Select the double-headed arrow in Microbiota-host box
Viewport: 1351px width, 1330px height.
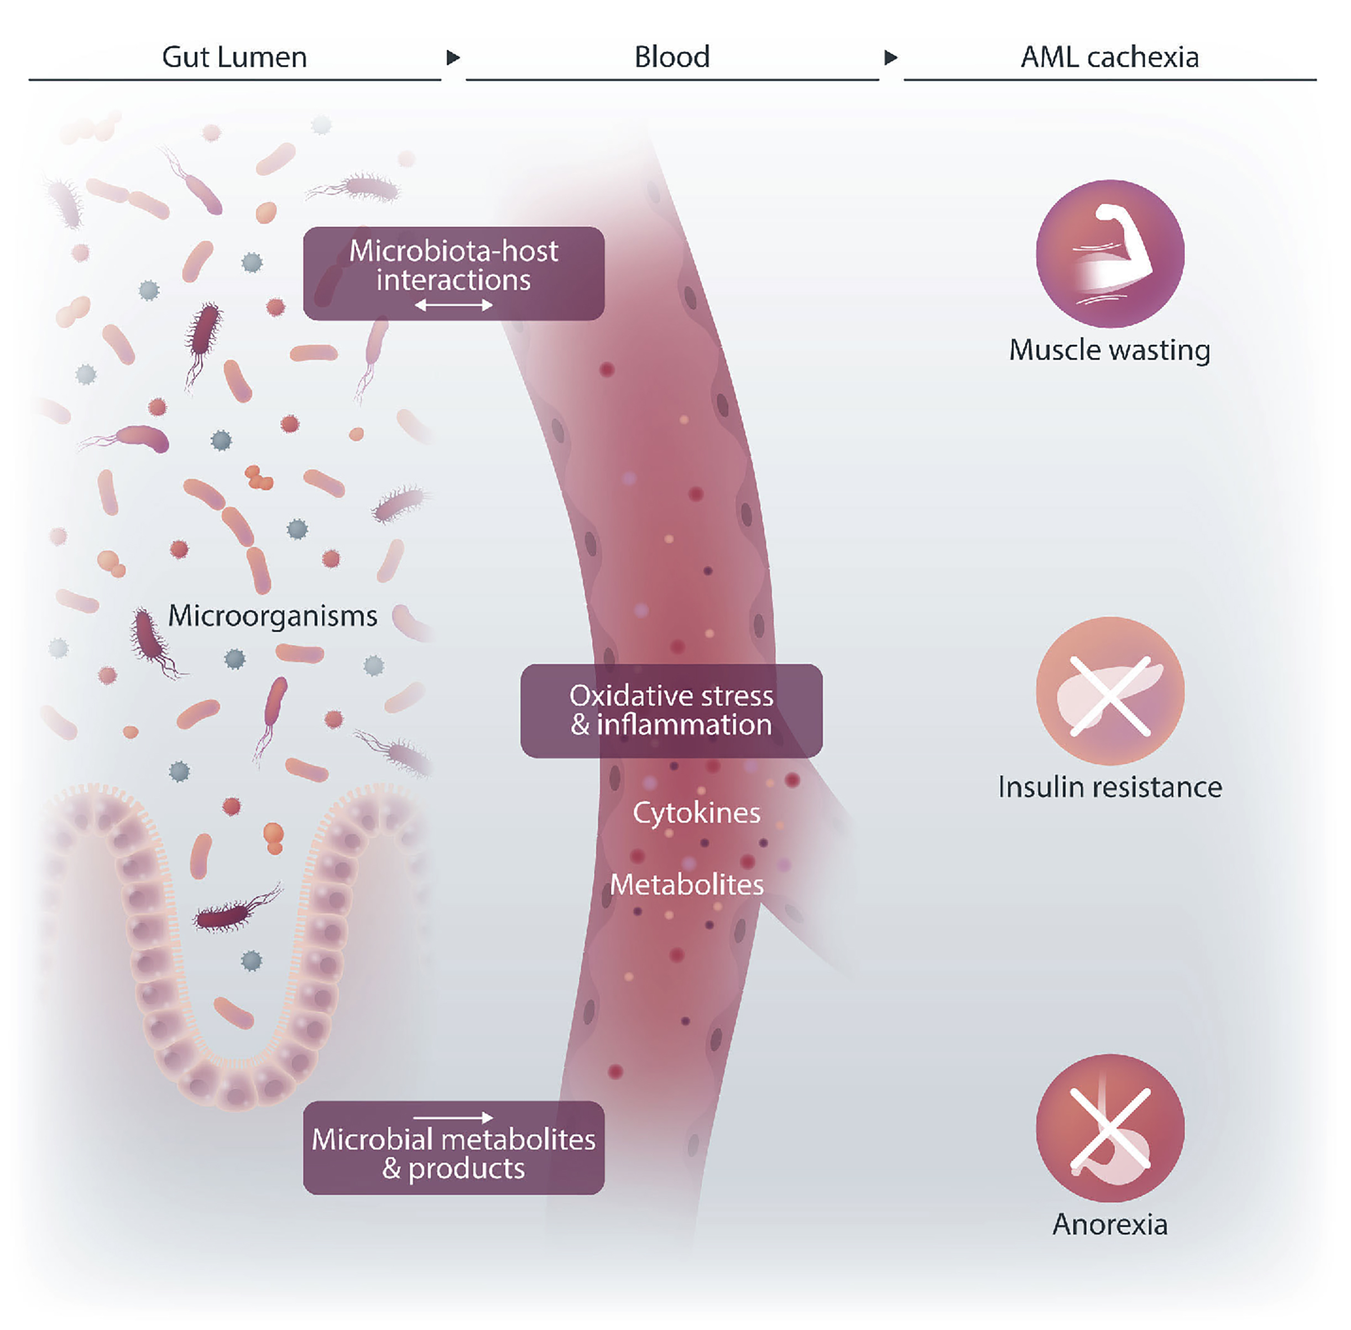click(453, 305)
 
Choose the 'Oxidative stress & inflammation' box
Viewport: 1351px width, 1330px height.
click(671, 711)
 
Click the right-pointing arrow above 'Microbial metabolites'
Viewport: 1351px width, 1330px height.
click(453, 1118)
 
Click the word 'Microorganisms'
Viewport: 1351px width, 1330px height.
click(273, 616)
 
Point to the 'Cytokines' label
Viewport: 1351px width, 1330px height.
click(696, 813)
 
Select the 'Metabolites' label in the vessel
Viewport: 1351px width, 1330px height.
click(687, 885)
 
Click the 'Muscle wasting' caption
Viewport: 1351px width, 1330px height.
click(1109, 350)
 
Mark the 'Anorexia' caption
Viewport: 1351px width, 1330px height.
click(1109, 1224)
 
